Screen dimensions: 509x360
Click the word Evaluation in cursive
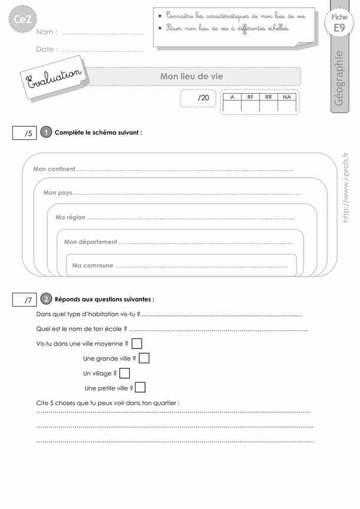(x=54, y=80)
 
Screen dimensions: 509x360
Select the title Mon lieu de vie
(x=192, y=76)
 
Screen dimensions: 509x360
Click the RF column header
(x=250, y=96)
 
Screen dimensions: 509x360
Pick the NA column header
(x=287, y=96)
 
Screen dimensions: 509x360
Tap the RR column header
(x=269, y=96)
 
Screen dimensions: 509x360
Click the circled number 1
(x=46, y=133)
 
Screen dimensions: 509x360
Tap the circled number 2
(x=46, y=299)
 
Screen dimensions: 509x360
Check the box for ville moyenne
(x=136, y=343)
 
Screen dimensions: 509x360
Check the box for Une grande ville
(x=144, y=358)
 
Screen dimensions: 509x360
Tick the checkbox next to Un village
(x=125, y=373)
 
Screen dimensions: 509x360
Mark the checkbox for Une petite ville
(x=140, y=388)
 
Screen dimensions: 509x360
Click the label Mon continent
(x=54, y=169)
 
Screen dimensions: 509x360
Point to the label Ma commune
(x=93, y=266)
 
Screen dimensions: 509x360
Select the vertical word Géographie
(x=338, y=78)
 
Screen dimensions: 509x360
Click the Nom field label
(x=47, y=32)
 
